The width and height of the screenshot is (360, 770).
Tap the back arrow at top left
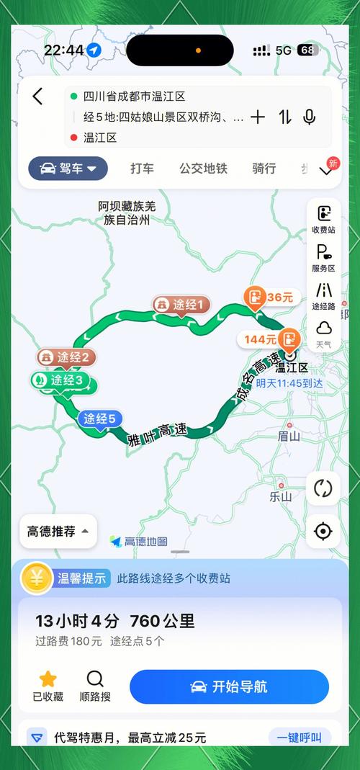(x=38, y=97)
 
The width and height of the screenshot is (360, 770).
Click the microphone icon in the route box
(x=310, y=117)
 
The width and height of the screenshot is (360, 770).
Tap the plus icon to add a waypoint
(x=258, y=117)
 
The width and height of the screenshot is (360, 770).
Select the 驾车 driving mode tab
(x=68, y=169)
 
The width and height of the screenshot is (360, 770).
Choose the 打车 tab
(x=142, y=169)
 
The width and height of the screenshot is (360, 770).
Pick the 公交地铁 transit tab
(x=203, y=169)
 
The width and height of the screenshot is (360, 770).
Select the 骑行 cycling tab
(x=264, y=169)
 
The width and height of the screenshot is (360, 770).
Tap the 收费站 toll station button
(x=323, y=219)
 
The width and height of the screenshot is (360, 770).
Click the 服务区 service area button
(x=323, y=257)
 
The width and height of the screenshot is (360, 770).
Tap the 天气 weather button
(x=323, y=333)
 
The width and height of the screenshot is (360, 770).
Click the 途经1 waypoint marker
(x=181, y=305)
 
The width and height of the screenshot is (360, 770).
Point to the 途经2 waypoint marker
(x=66, y=357)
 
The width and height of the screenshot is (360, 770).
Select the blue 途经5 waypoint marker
(x=99, y=418)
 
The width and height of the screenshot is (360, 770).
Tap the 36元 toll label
(x=271, y=297)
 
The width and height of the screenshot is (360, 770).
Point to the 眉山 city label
(x=289, y=436)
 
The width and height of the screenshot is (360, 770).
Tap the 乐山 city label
(x=280, y=496)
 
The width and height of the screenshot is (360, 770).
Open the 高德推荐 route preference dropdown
(x=58, y=532)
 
